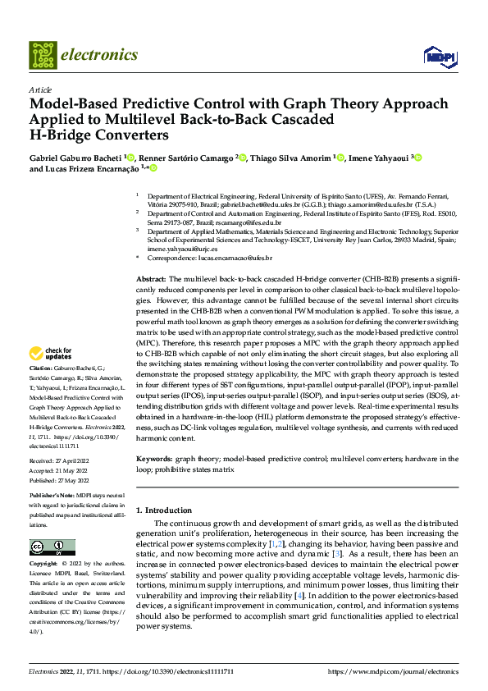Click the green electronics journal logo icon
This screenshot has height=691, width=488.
point(43,55)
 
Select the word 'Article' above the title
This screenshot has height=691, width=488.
point(40,89)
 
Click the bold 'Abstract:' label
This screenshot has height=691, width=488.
point(152,281)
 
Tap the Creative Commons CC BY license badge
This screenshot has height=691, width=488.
point(52,547)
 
